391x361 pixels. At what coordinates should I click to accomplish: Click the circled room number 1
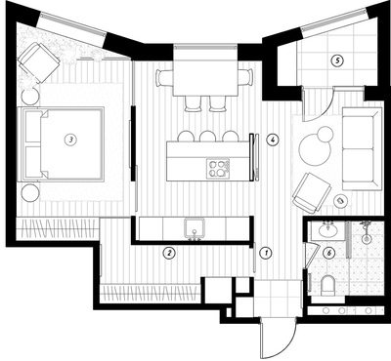point(267,253)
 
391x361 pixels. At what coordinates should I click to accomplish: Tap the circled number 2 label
point(169,253)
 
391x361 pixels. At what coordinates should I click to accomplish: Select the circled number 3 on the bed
point(70,140)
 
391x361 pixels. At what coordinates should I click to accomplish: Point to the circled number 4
point(272,140)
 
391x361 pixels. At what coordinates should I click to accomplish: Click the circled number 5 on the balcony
point(337,60)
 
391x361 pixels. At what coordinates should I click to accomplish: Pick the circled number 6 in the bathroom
point(329,253)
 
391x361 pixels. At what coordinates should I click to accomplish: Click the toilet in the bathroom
point(327,285)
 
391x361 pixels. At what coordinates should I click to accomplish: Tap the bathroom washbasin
point(328,230)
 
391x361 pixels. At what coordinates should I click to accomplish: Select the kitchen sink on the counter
point(195,228)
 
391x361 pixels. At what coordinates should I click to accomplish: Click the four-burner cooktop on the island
point(218,169)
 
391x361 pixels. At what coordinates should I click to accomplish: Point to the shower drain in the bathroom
point(367,239)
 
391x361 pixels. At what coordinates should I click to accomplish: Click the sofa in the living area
point(362,149)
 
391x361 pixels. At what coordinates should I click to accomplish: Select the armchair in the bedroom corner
point(39,62)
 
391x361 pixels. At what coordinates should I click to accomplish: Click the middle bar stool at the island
point(206,136)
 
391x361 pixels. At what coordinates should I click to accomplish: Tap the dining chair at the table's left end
point(162,78)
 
